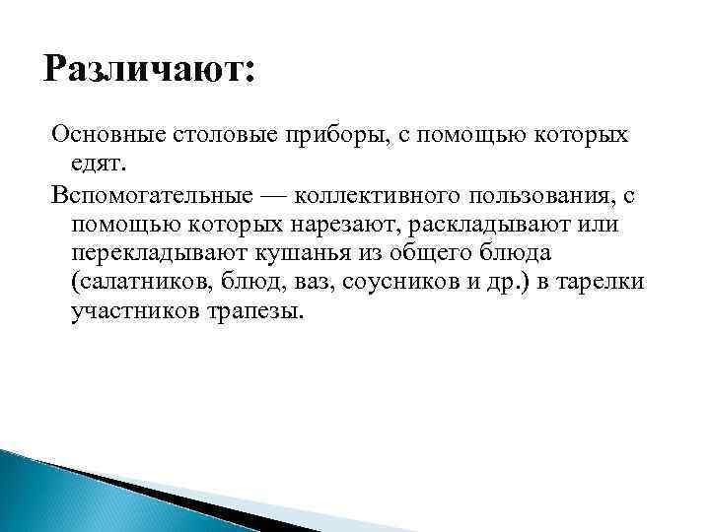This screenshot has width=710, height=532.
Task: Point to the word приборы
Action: point(328,133)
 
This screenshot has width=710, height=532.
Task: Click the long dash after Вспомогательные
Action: point(249,194)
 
